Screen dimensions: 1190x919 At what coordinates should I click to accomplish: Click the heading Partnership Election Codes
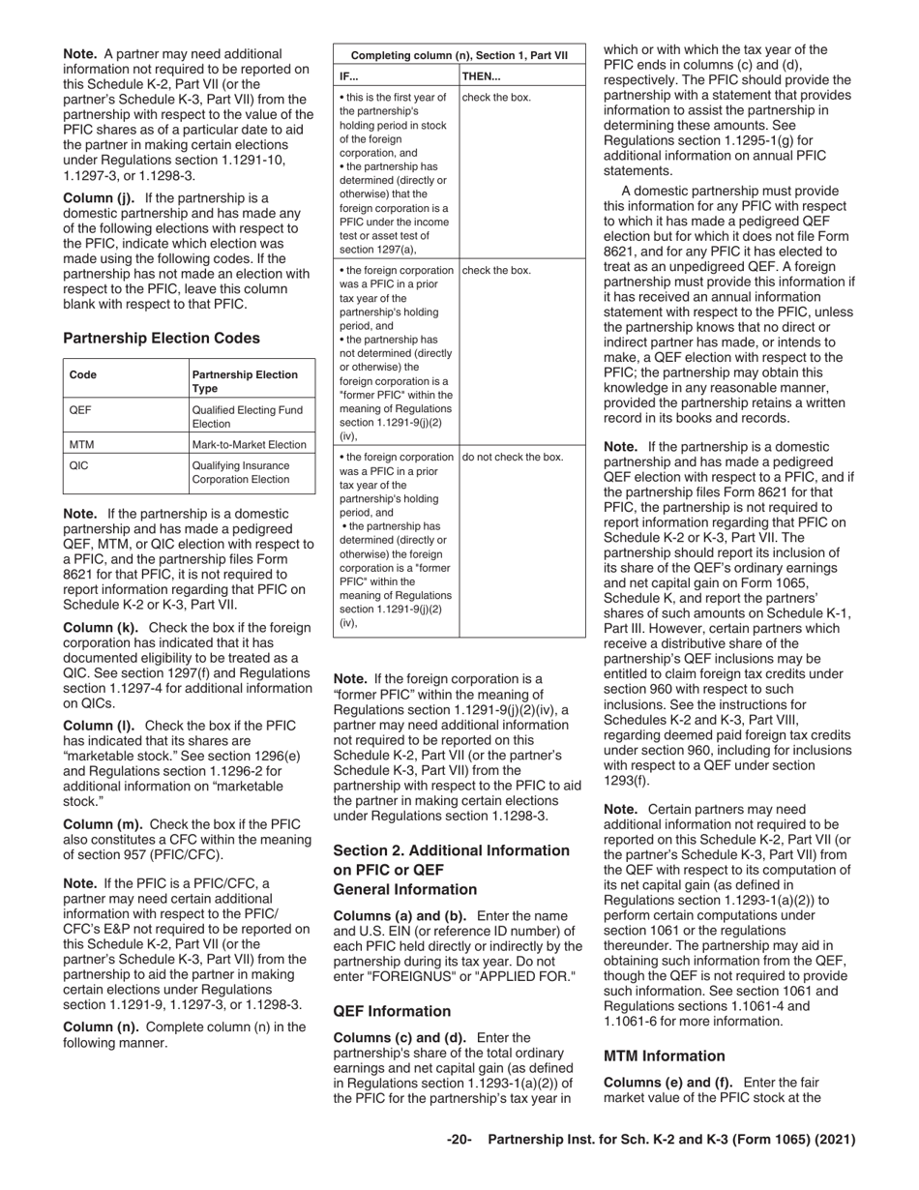click(x=161, y=339)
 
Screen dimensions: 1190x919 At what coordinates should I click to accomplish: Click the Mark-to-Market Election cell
click(x=250, y=445)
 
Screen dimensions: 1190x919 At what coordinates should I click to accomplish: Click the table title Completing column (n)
click(x=459, y=55)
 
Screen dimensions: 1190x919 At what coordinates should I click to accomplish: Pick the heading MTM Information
click(x=664, y=1056)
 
